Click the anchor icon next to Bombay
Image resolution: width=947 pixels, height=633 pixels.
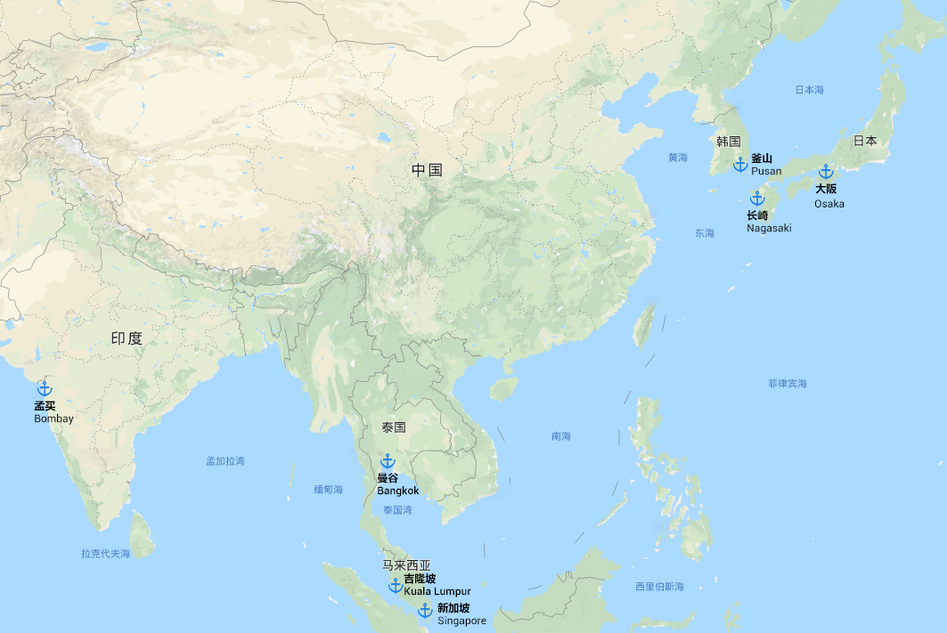(45, 389)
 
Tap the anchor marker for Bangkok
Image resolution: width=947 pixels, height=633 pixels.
(388, 461)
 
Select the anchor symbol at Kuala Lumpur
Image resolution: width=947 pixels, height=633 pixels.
(396, 585)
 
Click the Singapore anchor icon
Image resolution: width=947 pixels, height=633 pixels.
(425, 610)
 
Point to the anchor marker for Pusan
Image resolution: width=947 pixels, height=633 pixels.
(739, 165)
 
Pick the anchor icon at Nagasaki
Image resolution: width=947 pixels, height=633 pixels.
(757, 199)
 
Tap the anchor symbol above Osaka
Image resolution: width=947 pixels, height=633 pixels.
(826, 172)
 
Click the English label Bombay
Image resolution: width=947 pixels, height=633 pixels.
(53, 418)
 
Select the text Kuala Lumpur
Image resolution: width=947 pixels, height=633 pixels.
(437, 591)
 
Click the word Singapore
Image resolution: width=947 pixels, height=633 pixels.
(461, 621)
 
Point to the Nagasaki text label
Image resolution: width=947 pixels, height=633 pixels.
(769, 228)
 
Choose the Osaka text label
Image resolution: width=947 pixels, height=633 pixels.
(829, 204)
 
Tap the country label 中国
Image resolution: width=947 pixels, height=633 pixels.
(427, 170)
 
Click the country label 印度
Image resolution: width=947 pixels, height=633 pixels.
(127, 338)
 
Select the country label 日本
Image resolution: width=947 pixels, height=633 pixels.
(865, 141)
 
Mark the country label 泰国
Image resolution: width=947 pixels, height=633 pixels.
(394, 427)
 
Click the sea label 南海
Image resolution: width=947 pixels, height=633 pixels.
(561, 436)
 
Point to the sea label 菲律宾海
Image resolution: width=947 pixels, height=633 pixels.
(788, 384)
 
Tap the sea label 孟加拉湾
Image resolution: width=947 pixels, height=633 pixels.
(225, 461)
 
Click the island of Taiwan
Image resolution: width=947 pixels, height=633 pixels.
(644, 326)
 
